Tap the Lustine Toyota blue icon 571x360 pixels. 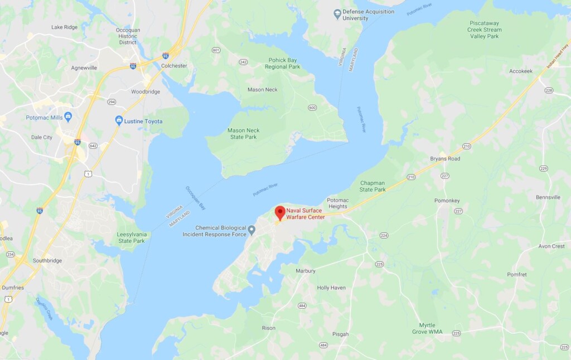(x=119, y=120)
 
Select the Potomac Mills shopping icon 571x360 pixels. (x=68, y=117)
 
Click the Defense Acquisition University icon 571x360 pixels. (x=337, y=13)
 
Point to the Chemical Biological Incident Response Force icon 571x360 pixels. (x=251, y=230)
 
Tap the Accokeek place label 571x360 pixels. (x=521, y=71)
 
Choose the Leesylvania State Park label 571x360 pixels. (x=131, y=237)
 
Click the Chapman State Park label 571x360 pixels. (x=372, y=186)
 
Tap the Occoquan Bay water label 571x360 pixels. (x=196, y=197)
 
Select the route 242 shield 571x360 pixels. (x=243, y=62)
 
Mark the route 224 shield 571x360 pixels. (x=384, y=236)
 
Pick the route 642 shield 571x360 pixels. (x=93, y=146)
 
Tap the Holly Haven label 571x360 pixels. (x=331, y=288)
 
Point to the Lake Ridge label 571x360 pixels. (x=65, y=27)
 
